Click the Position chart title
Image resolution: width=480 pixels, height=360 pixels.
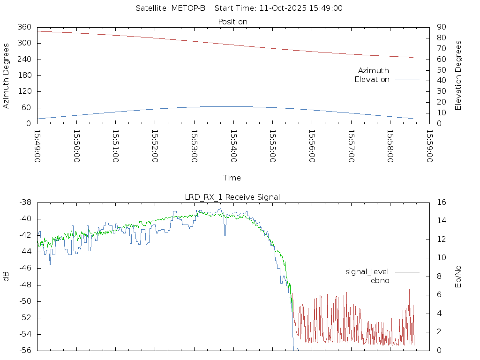coord(233,22)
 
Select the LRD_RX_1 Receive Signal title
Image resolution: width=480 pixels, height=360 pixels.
coord(232,197)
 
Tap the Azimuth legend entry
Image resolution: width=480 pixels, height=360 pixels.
coord(374,70)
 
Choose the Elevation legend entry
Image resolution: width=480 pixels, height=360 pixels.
coord(372,80)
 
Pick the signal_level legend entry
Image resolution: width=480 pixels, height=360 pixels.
coord(367,271)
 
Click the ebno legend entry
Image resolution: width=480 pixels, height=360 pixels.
coord(380,280)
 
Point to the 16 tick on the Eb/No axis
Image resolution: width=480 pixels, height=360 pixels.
coord(442,202)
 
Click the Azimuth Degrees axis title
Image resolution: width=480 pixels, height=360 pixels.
coord(7,75)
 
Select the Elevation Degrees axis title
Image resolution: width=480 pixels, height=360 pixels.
coord(458,75)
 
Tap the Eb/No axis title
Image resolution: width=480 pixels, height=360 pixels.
coord(458,277)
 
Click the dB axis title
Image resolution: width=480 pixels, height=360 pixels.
coord(7,277)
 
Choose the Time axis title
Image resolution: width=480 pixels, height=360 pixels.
coord(232,178)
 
